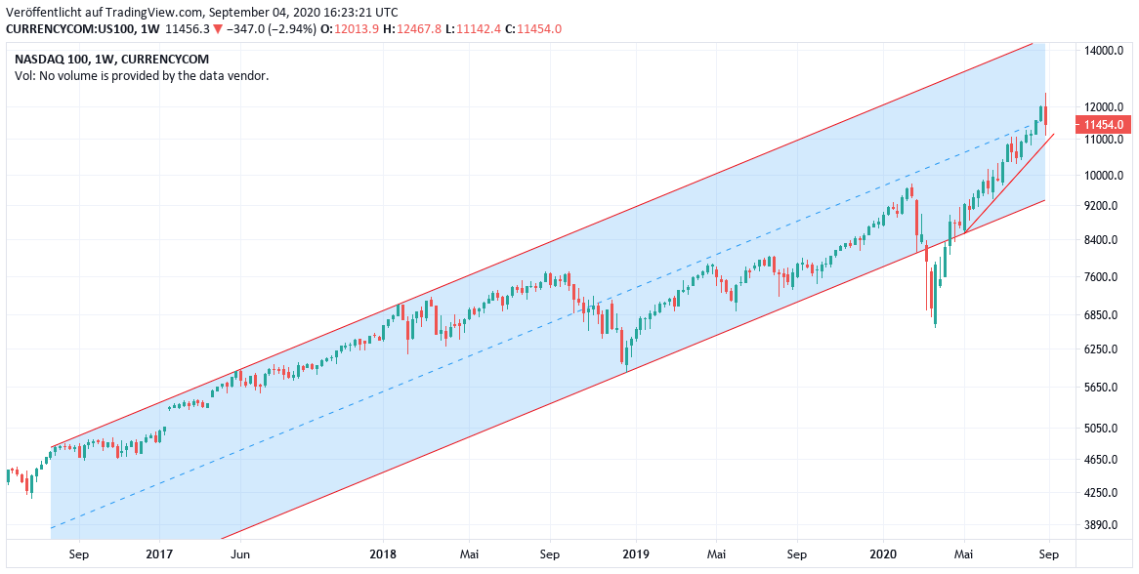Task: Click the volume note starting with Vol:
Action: (x=142, y=75)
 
